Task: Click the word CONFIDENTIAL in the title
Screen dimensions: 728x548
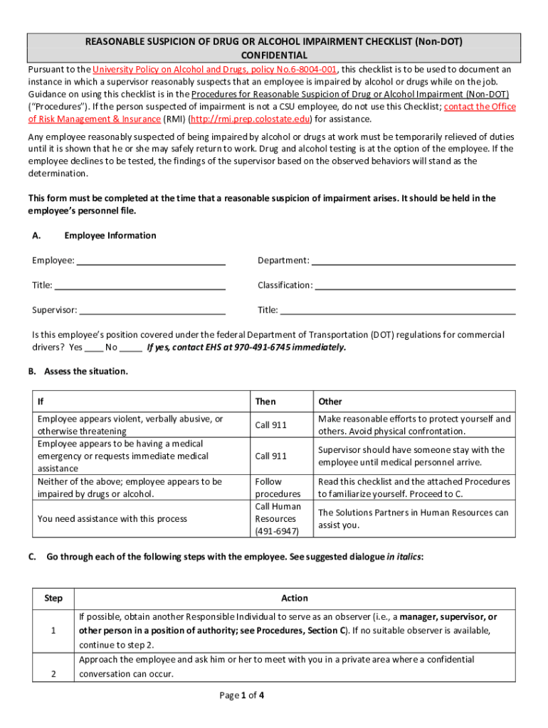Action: click(x=274, y=55)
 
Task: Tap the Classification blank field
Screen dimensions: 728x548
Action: click(x=415, y=286)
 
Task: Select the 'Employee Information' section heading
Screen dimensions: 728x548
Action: click(x=110, y=235)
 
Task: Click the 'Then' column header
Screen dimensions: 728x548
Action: click(x=265, y=402)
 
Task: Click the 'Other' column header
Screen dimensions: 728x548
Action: click(x=330, y=402)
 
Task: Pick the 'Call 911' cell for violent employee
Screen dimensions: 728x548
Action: click(x=271, y=425)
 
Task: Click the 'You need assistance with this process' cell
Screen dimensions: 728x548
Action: click(x=112, y=519)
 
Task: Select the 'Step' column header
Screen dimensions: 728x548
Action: click(x=53, y=598)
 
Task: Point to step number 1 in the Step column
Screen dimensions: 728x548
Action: click(x=53, y=631)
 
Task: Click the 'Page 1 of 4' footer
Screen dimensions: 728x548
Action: click(x=242, y=695)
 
